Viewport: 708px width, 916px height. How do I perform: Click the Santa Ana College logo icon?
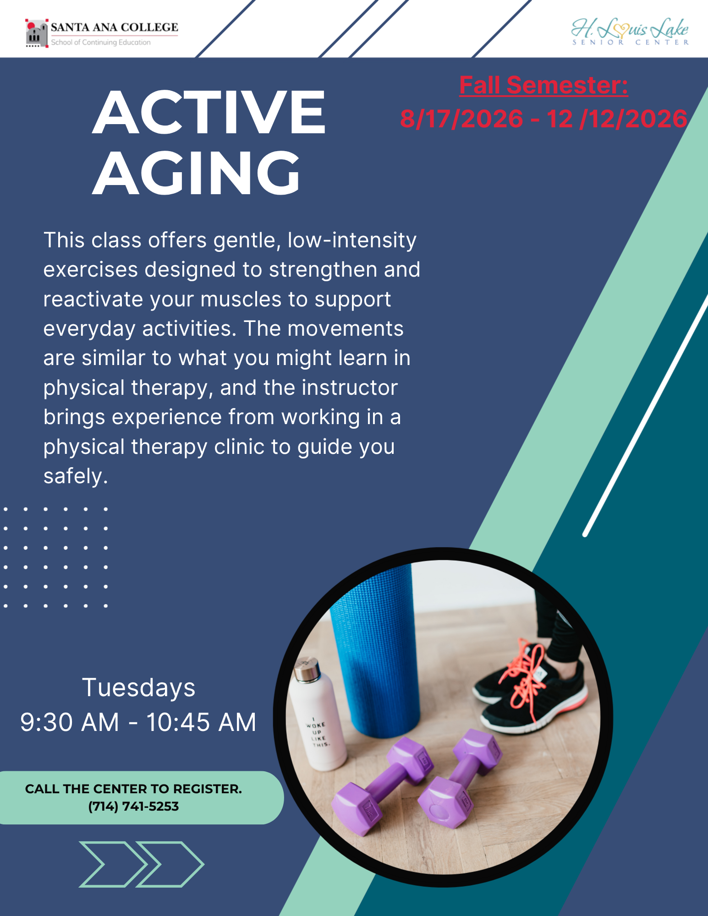coord(37,33)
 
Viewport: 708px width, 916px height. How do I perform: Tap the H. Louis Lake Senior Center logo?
coord(630,32)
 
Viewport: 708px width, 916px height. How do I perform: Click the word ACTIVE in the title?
coord(209,113)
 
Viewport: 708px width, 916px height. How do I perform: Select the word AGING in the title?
coord(196,173)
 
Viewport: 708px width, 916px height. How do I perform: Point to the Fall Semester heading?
coord(543,85)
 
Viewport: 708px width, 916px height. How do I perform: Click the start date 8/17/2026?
coord(461,119)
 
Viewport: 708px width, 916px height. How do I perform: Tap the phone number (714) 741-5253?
coord(133,807)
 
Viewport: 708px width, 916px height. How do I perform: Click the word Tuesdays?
coord(139,688)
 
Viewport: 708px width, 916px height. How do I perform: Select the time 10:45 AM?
coord(201,722)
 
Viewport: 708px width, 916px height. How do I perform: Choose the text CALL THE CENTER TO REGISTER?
coord(133,789)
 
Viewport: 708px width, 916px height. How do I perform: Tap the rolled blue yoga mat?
coord(374,650)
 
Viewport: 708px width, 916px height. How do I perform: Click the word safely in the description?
coord(76,476)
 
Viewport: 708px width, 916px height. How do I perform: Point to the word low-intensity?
coord(352,240)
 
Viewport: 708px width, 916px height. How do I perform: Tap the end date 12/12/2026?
coord(617,119)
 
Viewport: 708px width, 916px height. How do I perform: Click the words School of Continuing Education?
coord(101,42)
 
